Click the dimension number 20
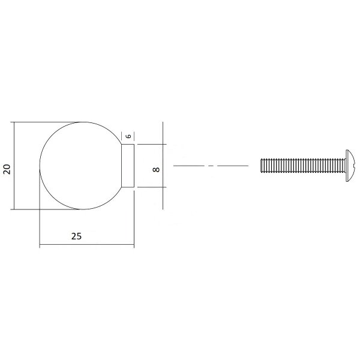(7, 169)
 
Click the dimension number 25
(76, 236)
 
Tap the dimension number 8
(156, 170)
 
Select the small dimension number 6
(129, 136)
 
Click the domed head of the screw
(350, 166)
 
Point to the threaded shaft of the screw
(303, 166)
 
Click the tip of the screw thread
(261, 166)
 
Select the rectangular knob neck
(128, 166)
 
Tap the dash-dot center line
(211, 166)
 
